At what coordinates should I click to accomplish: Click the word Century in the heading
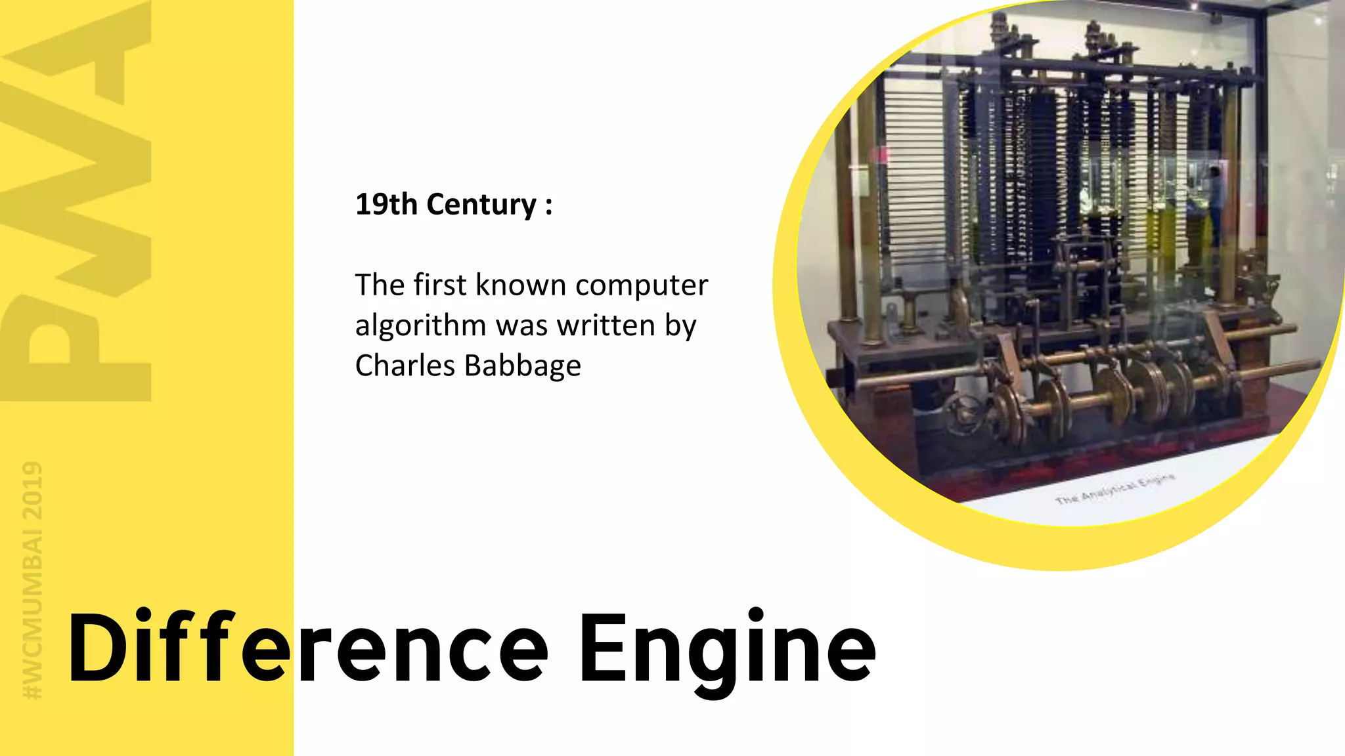(481, 205)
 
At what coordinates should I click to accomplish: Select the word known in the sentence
(521, 285)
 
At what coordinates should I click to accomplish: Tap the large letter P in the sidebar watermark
(76, 348)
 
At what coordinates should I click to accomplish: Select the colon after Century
(548, 205)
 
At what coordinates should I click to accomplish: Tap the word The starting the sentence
(379, 285)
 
